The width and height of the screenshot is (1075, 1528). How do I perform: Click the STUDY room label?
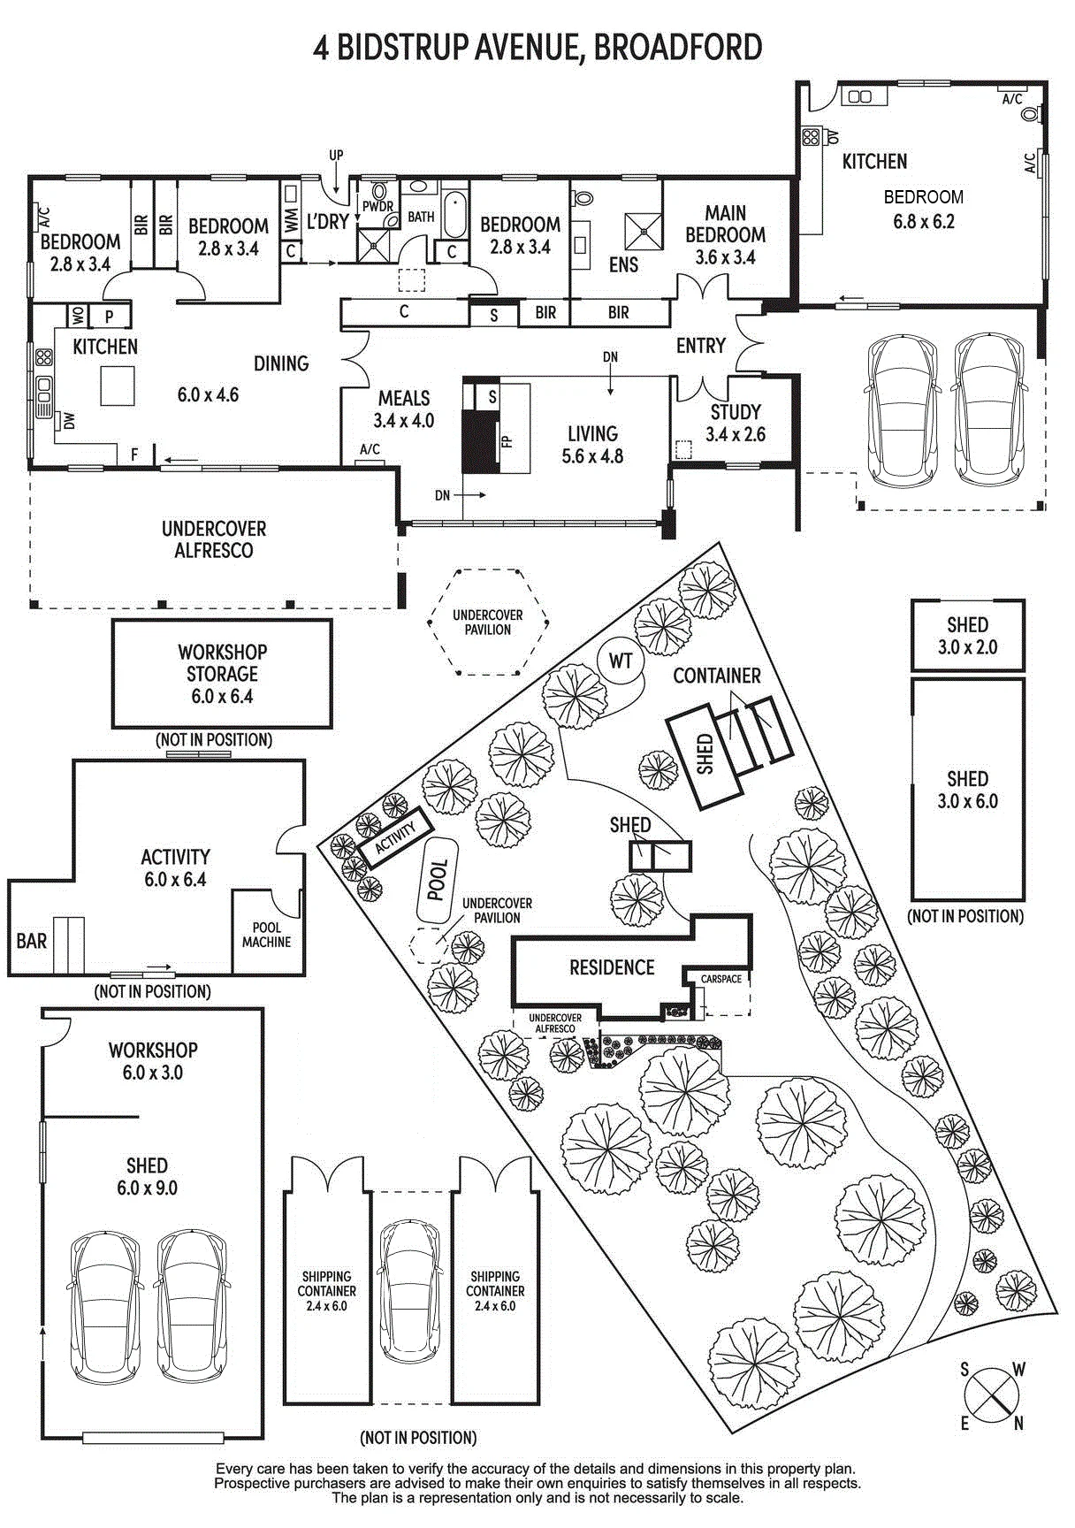click(736, 412)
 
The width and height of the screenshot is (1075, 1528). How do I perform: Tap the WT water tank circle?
click(621, 661)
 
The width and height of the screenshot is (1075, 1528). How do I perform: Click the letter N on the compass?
click(1018, 1423)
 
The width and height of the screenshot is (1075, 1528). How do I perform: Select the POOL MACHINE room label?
click(266, 935)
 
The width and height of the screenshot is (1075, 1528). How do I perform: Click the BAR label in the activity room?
click(32, 941)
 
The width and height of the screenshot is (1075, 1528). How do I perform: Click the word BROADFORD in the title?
click(677, 47)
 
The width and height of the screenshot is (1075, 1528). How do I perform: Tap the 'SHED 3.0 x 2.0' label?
click(967, 636)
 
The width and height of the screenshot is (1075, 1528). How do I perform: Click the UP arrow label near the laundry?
click(336, 156)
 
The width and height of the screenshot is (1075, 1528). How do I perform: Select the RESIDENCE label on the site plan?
click(612, 967)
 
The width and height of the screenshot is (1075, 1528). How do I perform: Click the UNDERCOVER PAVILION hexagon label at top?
click(488, 623)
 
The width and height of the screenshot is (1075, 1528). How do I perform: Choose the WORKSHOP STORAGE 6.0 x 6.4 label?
click(222, 674)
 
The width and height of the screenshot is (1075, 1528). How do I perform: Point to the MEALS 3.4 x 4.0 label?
click(404, 409)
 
